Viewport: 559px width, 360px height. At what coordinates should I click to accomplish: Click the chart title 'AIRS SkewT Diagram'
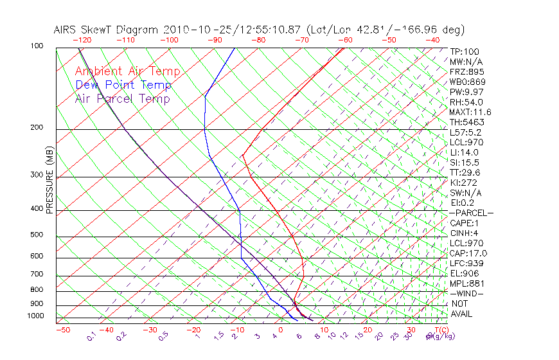point(107,30)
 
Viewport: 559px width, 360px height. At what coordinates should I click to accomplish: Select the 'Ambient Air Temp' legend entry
point(127,72)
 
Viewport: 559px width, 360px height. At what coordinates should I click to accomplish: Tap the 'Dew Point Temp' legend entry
point(123,85)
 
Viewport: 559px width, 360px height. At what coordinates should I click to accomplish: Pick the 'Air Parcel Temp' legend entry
point(122,99)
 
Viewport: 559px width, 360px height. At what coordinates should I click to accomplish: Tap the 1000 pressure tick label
point(36,316)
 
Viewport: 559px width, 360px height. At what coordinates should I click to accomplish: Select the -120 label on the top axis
point(81,39)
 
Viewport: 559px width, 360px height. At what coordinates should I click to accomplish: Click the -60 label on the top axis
point(345,39)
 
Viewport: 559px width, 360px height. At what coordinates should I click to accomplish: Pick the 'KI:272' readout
point(464,183)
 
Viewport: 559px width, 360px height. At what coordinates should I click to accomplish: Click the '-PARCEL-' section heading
point(472,213)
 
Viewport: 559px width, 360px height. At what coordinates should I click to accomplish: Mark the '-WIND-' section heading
point(466,293)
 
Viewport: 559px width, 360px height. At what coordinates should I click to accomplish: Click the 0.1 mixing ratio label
point(91,337)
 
